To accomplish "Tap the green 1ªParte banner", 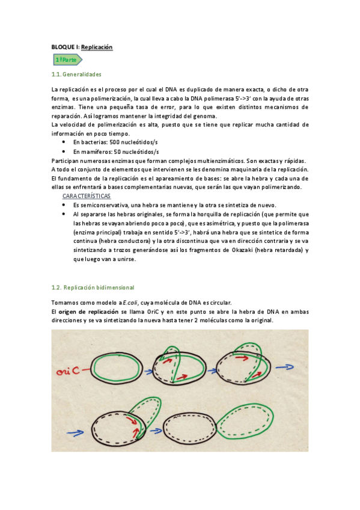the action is pos(66,60).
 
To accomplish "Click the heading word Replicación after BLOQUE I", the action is pos(97,47).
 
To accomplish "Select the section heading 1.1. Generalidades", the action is pos(76,74).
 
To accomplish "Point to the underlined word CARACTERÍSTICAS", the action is pos(86,196).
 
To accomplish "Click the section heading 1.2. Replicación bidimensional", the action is pos(93,287).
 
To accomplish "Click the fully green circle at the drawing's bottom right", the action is pos(244,423).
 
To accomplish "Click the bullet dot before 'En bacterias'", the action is pos(64,142).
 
